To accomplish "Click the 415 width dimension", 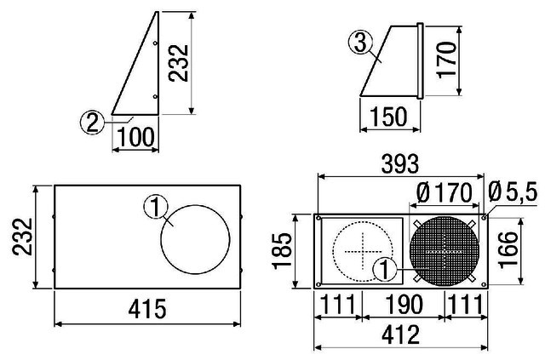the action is pyautogui.click(x=147, y=309).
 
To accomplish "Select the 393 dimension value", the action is pyautogui.click(x=400, y=163).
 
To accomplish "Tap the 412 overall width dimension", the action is pyautogui.click(x=401, y=335).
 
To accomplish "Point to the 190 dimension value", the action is pyautogui.click(x=404, y=305).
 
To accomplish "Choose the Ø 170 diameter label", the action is pyautogui.click(x=445, y=192).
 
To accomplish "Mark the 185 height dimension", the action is pyautogui.click(x=282, y=250).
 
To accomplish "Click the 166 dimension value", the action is pyautogui.click(x=508, y=250).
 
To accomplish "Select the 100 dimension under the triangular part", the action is pyautogui.click(x=135, y=137).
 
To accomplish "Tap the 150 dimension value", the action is pyautogui.click(x=388, y=117).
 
